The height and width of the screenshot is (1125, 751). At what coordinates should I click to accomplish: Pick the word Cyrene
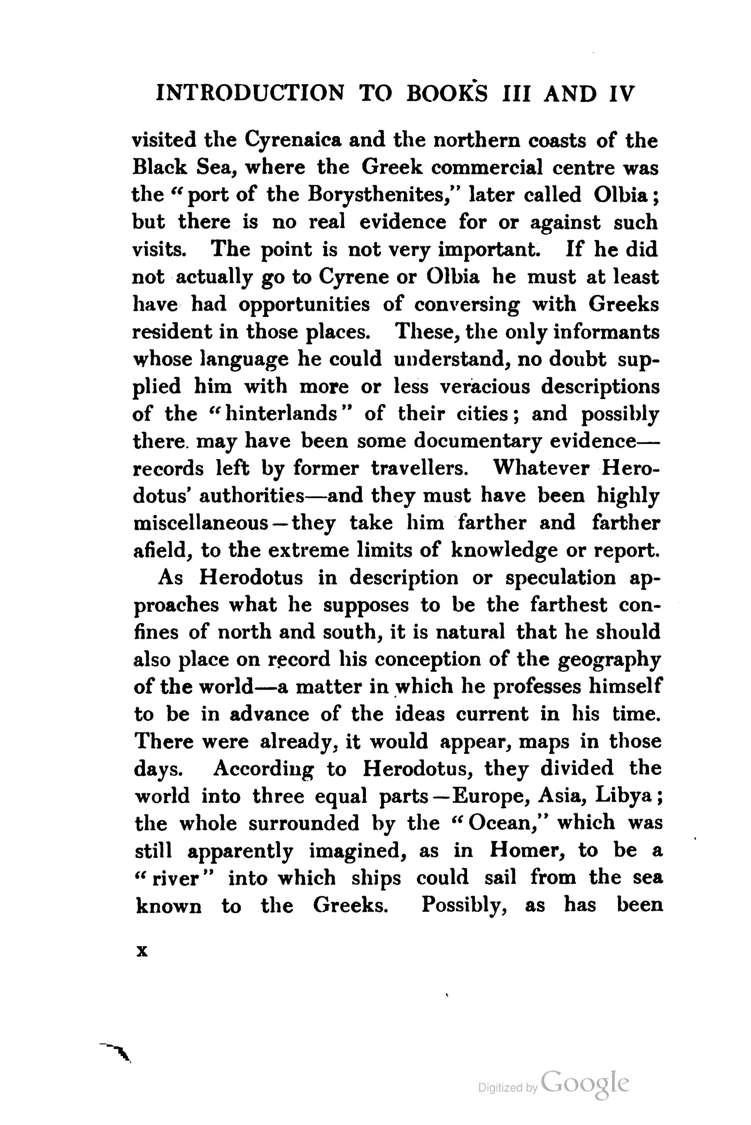(353, 277)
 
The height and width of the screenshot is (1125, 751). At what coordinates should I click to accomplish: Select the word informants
(606, 331)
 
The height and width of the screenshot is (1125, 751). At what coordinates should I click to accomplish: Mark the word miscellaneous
(200, 523)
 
